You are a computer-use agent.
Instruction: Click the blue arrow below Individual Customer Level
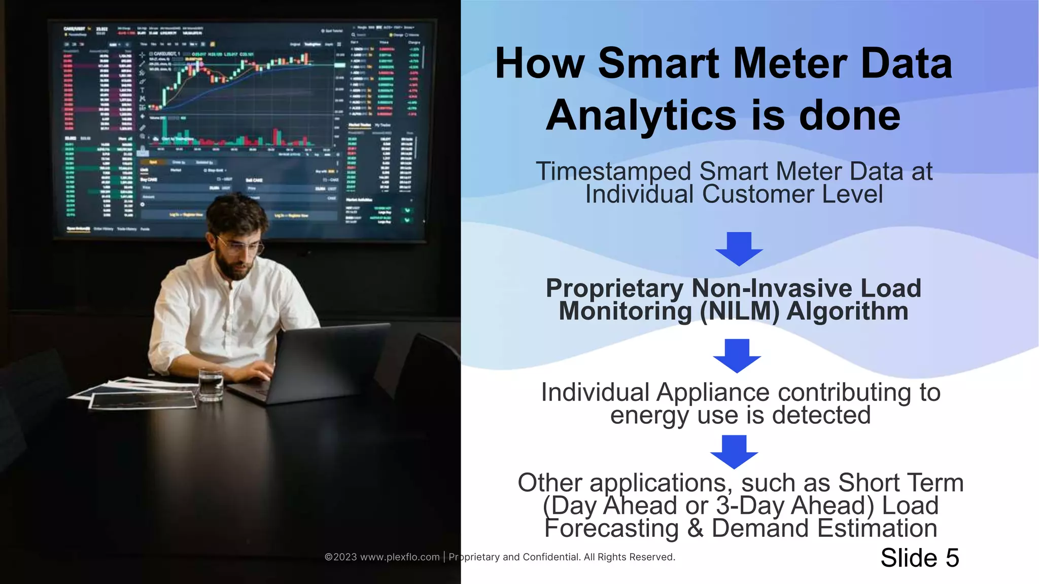tap(739, 249)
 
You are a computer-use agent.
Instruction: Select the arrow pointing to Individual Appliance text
tap(737, 356)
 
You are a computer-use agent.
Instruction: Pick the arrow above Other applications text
tap(734, 452)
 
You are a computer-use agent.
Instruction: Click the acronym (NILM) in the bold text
tap(739, 311)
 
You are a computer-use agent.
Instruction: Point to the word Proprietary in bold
tap(614, 288)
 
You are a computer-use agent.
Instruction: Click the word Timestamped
tap(613, 171)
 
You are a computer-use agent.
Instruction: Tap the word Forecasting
tap(611, 528)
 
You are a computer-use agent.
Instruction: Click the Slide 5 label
tap(919, 558)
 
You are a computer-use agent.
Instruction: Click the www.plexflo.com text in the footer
tap(399, 557)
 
